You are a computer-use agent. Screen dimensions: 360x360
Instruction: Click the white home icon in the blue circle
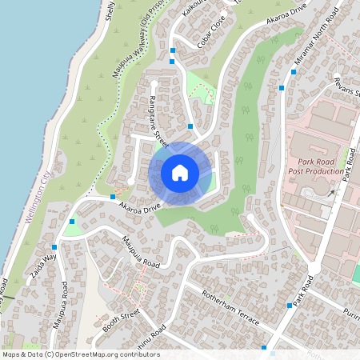180,172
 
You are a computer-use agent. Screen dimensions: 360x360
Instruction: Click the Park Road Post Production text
316,166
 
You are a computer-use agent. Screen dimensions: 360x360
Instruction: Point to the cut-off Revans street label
349,87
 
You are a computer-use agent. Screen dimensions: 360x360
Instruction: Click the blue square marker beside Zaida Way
54,247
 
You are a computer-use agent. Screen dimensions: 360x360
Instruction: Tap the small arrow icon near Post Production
330,191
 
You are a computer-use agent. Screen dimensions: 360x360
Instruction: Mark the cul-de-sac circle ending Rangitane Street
154,82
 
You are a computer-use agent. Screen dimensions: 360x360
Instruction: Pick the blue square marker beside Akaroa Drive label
113,196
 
